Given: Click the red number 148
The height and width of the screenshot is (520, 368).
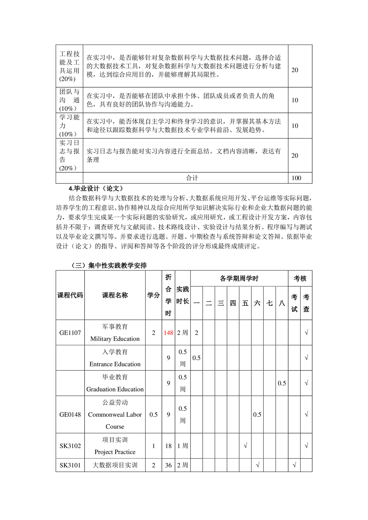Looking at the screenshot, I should click(x=168, y=333).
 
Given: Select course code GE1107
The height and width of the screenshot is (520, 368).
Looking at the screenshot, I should click(x=70, y=333).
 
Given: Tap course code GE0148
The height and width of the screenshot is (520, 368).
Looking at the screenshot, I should click(x=70, y=414).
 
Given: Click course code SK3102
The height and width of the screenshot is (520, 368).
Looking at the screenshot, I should click(x=70, y=446).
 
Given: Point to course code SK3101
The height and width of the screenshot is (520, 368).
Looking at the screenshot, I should click(x=70, y=465).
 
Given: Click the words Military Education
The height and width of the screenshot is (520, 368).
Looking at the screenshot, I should click(x=115, y=339).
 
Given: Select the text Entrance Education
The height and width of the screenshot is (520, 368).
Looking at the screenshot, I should click(x=115, y=364).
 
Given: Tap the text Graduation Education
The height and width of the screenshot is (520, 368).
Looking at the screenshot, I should click(x=115, y=389).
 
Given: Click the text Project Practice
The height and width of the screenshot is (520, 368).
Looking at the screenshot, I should click(x=115, y=452).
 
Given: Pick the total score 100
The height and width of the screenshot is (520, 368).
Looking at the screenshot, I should click(x=296, y=178).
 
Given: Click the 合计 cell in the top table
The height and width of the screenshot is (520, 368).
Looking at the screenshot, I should click(x=192, y=178).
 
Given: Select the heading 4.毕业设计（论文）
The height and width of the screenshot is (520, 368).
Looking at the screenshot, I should click(x=96, y=188).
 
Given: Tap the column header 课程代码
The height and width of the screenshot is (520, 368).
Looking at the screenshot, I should click(x=70, y=295).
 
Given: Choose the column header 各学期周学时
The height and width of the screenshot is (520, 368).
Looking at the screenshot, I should click(x=239, y=279).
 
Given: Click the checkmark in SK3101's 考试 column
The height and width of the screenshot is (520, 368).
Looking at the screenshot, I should click(x=294, y=465).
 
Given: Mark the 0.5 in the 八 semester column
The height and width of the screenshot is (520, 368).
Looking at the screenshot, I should click(x=282, y=383).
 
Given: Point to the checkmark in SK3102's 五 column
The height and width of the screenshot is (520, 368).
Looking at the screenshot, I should click(x=245, y=446).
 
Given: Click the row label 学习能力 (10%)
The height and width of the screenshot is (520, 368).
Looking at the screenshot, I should click(x=69, y=126).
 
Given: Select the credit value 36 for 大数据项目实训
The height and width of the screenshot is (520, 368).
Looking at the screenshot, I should click(x=168, y=465).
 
